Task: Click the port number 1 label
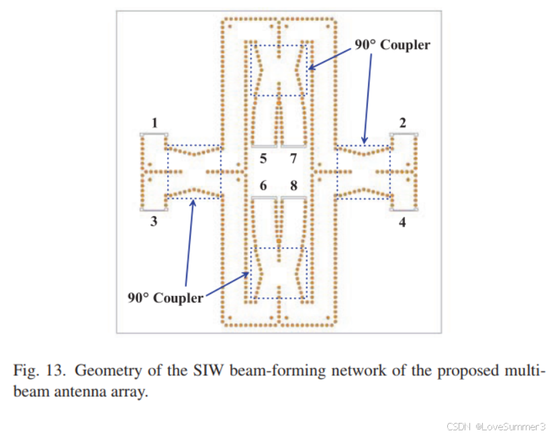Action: click(x=154, y=123)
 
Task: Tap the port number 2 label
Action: click(x=402, y=123)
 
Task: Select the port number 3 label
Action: click(x=154, y=222)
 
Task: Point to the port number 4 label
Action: click(x=402, y=222)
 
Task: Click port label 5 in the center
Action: click(x=263, y=159)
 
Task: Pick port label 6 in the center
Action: click(x=263, y=186)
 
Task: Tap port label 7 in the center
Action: click(x=293, y=159)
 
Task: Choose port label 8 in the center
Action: click(x=293, y=186)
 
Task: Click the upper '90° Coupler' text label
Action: click(x=392, y=46)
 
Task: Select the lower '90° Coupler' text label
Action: click(x=165, y=297)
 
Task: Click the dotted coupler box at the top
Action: click(x=278, y=70)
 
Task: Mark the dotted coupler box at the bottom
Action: click(x=278, y=273)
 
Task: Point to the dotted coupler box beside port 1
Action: click(x=193, y=171)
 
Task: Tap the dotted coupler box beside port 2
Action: click(x=363, y=171)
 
